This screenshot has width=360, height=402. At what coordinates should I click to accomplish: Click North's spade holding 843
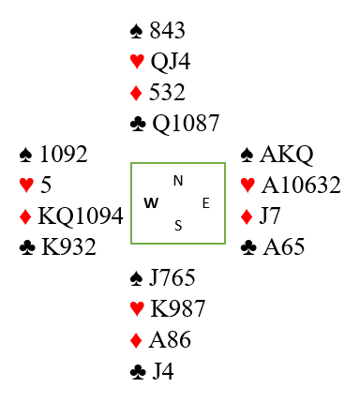pyautogui.click(x=167, y=31)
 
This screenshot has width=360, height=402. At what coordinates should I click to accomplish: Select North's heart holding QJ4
pyautogui.click(x=171, y=62)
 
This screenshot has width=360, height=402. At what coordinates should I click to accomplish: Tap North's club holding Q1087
pyautogui.click(x=186, y=123)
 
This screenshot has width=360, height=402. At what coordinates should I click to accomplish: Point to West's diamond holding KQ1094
pyautogui.click(x=81, y=216)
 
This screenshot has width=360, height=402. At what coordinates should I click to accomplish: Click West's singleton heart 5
pyautogui.click(x=46, y=185)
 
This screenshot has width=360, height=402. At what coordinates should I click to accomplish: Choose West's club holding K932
pyautogui.click(x=68, y=246)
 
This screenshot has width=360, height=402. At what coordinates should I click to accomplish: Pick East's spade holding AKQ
pyautogui.click(x=286, y=155)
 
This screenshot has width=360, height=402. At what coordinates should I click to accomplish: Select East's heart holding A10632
pyautogui.click(x=301, y=185)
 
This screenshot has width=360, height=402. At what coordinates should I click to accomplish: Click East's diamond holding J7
pyautogui.click(x=269, y=216)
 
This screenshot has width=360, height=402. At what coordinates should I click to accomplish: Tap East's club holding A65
pyautogui.click(x=283, y=246)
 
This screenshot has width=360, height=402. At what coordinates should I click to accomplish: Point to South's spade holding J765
pyautogui.click(x=172, y=277)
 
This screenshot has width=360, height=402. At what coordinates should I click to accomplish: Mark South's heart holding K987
pyautogui.click(x=177, y=308)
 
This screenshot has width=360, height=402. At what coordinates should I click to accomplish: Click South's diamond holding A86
pyautogui.click(x=170, y=339)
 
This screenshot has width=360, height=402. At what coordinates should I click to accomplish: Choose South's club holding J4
pyautogui.click(x=163, y=371)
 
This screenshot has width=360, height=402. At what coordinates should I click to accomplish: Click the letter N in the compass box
pyautogui.click(x=178, y=181)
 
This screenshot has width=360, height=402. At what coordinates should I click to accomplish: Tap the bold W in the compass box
pyautogui.click(x=151, y=203)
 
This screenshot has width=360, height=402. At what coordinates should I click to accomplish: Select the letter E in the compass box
pyautogui.click(x=205, y=203)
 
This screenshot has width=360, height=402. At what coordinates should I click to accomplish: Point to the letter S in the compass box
pyautogui.click(x=178, y=225)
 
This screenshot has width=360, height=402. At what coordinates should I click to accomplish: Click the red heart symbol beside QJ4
pyautogui.click(x=137, y=62)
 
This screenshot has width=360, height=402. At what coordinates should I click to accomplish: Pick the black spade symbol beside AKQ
pyautogui.click(x=247, y=155)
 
